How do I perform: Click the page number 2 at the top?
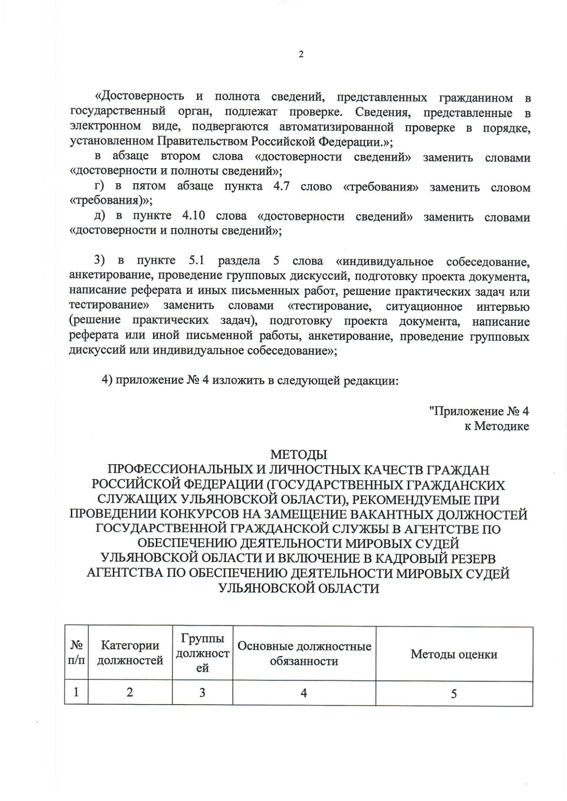pos(301,54)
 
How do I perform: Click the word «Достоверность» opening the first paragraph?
pos(139,97)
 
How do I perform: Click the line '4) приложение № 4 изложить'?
pos(250,381)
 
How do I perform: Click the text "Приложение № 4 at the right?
pos(479,411)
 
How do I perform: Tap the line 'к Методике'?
pos(496,426)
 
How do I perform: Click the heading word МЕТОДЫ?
pos(299,455)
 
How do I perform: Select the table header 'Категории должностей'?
pos(130,653)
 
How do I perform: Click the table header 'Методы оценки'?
pos(454,654)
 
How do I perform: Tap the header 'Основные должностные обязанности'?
pos(304,653)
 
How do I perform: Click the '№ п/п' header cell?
pos(76,653)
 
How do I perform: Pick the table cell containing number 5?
pos(454,693)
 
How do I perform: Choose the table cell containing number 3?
pos(202,693)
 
